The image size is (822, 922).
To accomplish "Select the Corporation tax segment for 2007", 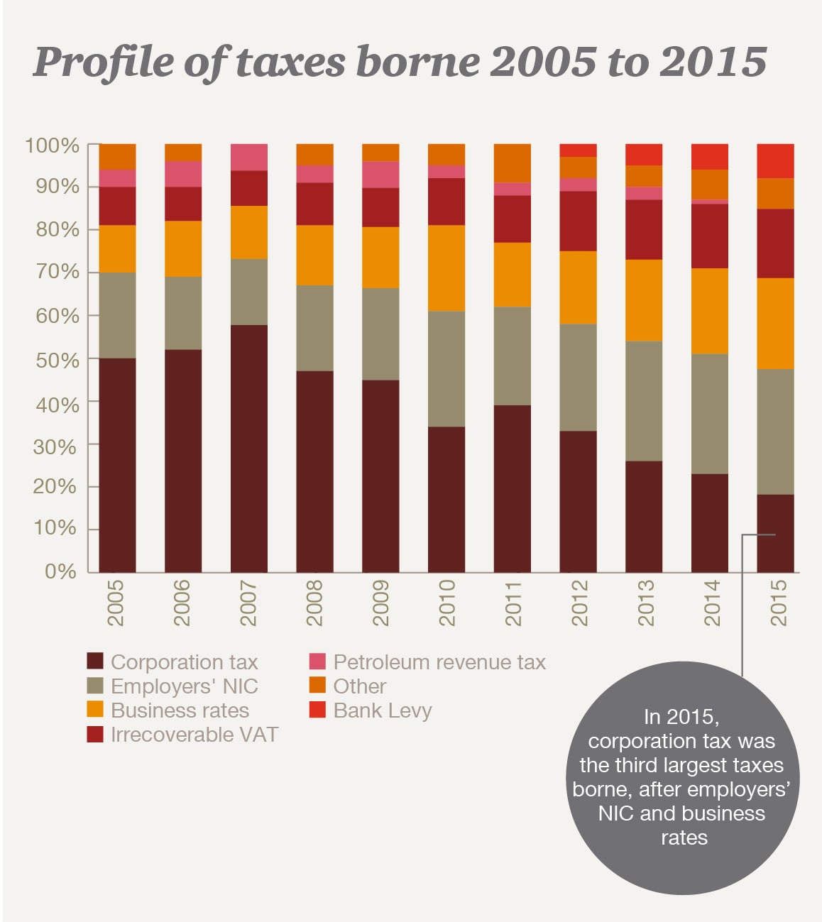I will (249, 449).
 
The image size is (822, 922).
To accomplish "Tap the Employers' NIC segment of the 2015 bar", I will (775, 432).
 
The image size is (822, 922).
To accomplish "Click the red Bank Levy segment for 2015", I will (775, 161).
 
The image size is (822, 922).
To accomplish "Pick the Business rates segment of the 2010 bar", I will (446, 268).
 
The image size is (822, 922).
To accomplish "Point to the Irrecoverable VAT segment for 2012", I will (578, 221).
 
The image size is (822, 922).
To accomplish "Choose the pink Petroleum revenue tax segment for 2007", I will (249, 157).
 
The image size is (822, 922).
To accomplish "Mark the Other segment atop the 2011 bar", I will (513, 163).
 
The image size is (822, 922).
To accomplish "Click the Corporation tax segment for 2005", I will (117, 465).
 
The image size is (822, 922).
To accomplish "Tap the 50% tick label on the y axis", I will (57, 360).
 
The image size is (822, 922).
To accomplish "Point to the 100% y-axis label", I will (52, 146).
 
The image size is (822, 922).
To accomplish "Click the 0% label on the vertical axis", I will (60, 571).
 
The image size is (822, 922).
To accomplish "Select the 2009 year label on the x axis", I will (380, 603).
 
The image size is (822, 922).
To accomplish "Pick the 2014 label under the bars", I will (711, 603).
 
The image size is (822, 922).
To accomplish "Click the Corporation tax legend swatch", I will (95, 662).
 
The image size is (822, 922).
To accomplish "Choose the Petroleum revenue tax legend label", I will (439, 662).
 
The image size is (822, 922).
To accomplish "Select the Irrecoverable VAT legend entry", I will (194, 735).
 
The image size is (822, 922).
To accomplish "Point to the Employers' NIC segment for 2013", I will (644, 401).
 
